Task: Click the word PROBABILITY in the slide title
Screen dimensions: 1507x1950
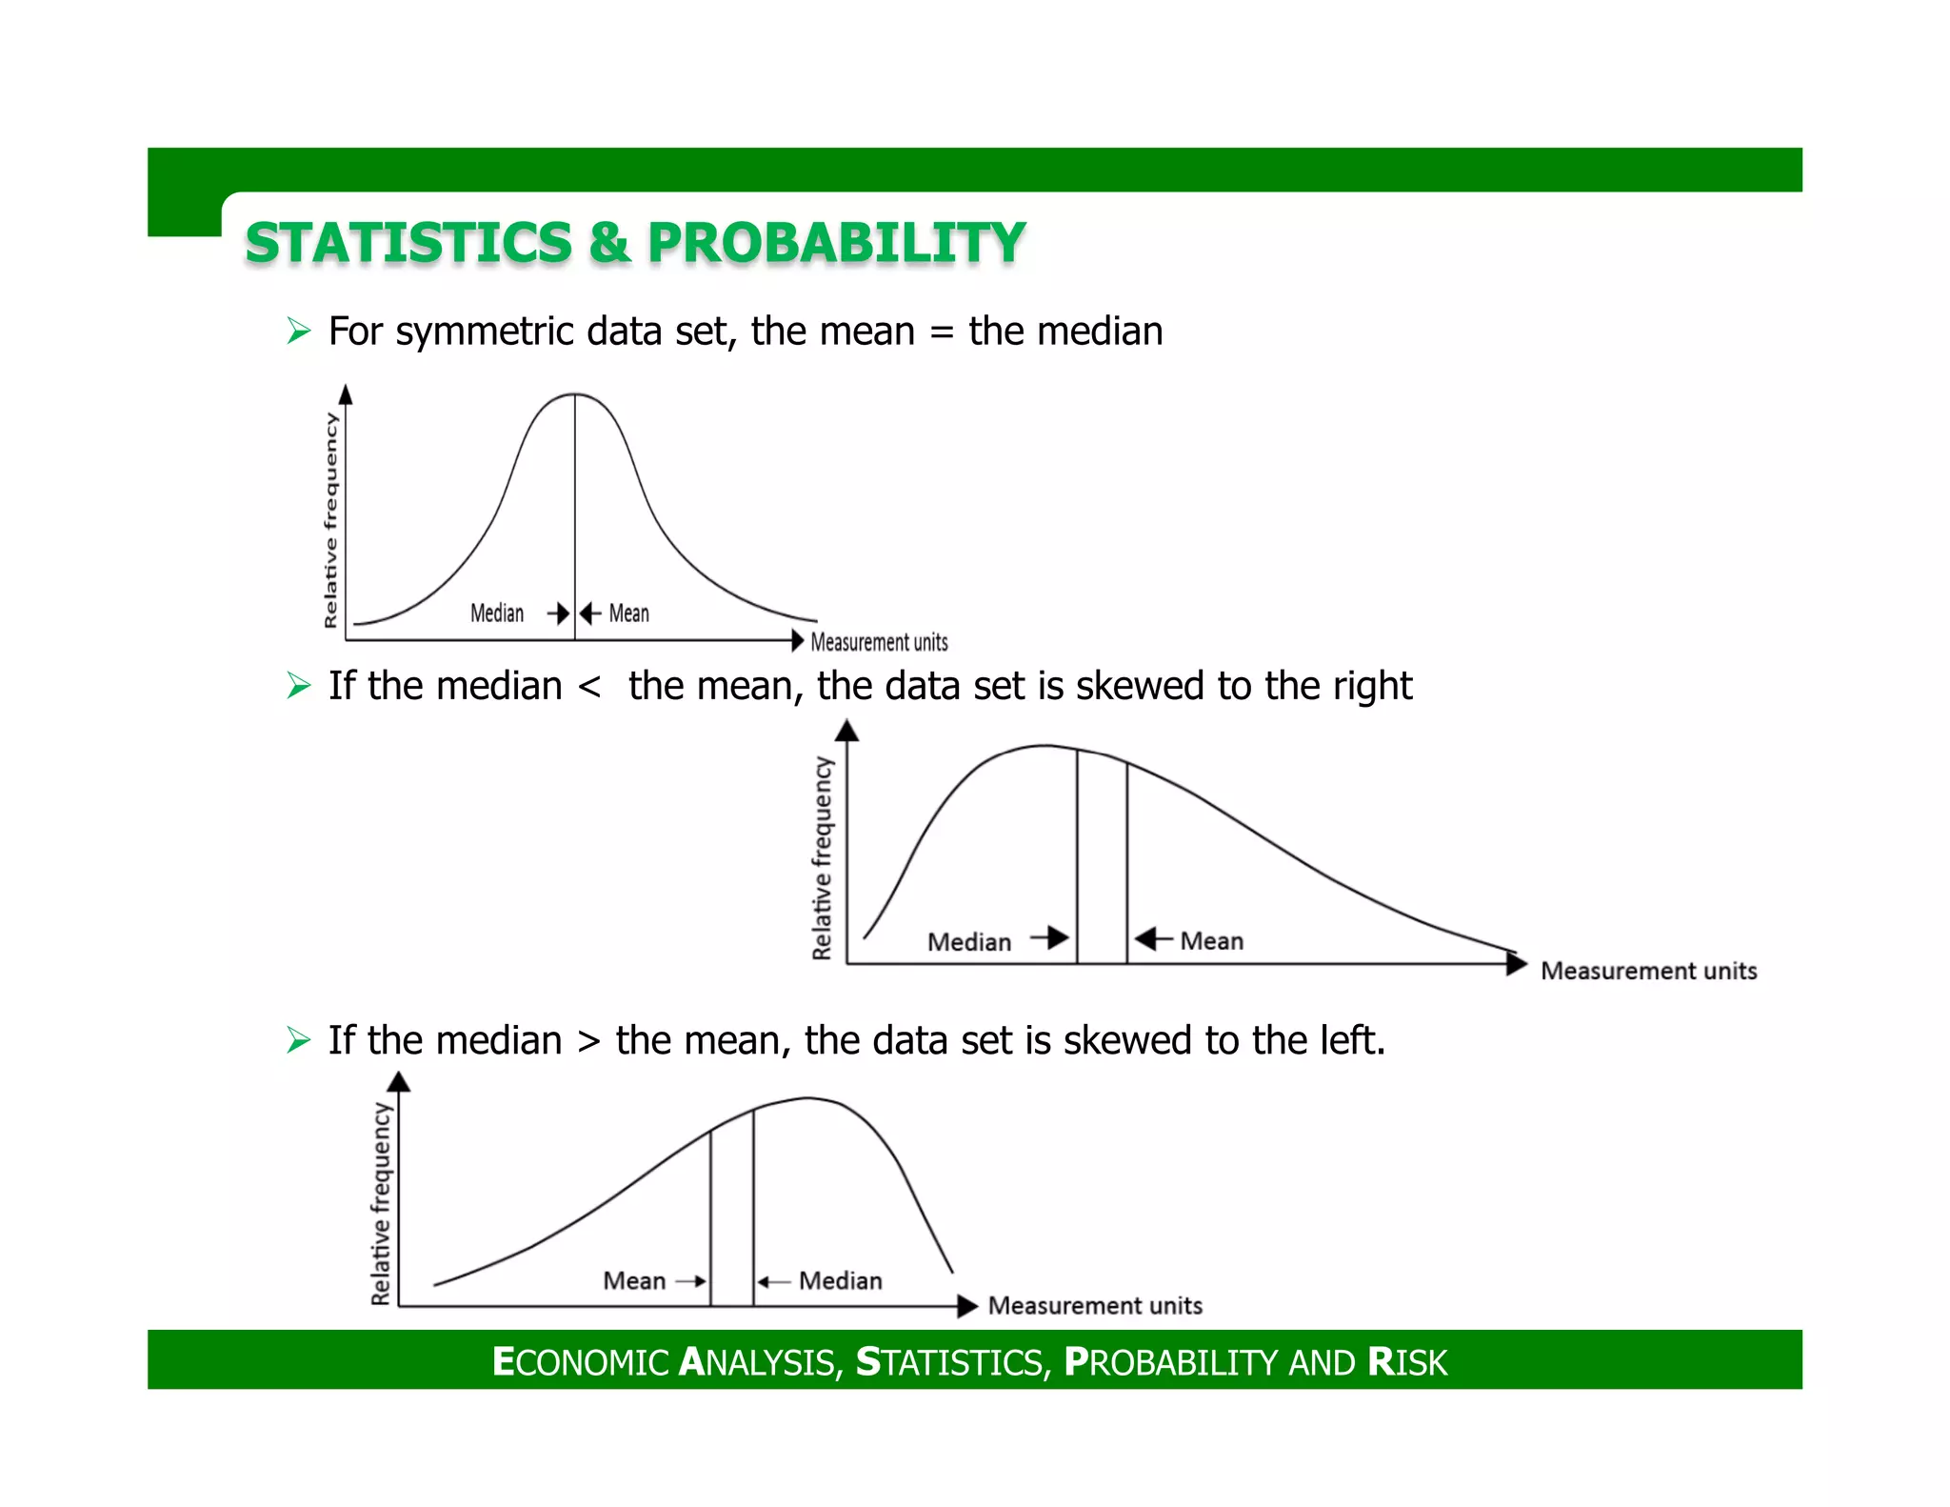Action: click(836, 243)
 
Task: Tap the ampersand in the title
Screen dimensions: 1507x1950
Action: click(609, 243)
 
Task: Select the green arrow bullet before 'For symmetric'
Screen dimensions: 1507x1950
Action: click(299, 332)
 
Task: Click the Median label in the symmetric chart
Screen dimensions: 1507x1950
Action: click(497, 613)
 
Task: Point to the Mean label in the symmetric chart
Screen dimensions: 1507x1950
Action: click(628, 613)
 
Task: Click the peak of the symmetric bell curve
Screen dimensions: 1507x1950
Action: click(574, 393)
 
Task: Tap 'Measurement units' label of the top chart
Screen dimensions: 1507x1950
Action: click(879, 642)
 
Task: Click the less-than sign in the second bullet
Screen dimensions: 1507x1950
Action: click(589, 686)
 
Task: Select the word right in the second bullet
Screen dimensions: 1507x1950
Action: click(1371, 686)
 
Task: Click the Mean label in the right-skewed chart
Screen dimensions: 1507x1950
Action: click(1211, 941)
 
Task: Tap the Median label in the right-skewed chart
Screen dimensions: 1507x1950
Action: click(969, 942)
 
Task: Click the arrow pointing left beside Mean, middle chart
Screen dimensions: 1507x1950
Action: click(1153, 939)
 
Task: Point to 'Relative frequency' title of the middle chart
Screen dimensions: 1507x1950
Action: click(822, 857)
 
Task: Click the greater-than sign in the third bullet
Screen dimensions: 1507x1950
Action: click(589, 1040)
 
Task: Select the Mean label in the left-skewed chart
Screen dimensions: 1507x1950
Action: click(634, 1280)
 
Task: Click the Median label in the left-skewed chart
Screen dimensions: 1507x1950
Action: click(840, 1280)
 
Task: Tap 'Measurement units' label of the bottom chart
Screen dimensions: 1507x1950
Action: click(1095, 1305)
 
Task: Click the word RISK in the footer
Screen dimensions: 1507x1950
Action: click(1406, 1362)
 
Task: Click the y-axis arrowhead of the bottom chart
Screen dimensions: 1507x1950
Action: click(399, 1081)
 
